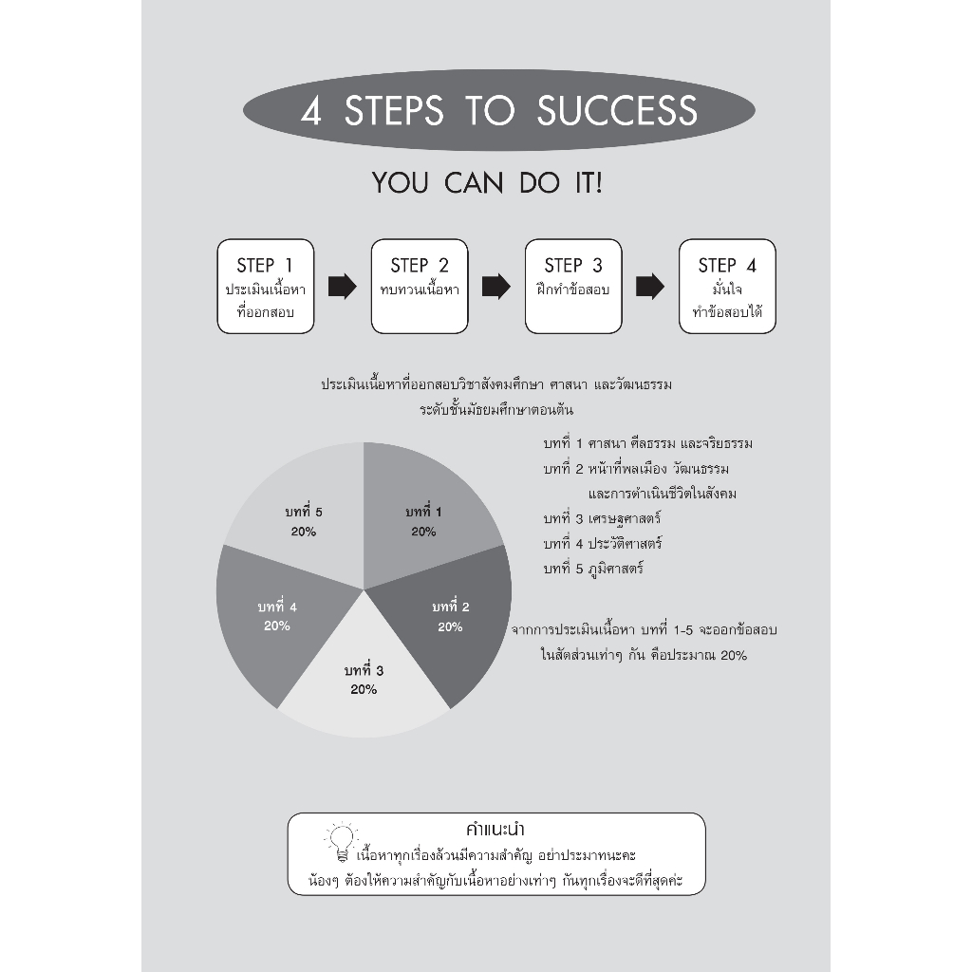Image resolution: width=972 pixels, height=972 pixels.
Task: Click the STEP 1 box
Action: click(x=266, y=287)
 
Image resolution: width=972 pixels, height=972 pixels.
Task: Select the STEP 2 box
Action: click(x=419, y=287)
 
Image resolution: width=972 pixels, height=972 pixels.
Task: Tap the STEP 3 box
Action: click(x=572, y=287)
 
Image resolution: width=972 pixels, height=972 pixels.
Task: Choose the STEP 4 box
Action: click(x=727, y=287)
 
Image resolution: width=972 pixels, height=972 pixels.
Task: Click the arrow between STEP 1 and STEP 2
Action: click(x=342, y=287)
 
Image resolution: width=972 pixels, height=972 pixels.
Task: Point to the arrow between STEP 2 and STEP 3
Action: click(x=495, y=287)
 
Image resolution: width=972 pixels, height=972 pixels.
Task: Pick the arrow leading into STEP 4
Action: click(x=649, y=287)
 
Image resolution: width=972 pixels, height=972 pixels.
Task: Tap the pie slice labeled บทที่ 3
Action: click(x=364, y=688)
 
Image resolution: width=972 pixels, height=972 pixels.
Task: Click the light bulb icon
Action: click(x=342, y=842)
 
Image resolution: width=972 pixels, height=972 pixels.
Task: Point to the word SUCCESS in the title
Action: click(x=617, y=111)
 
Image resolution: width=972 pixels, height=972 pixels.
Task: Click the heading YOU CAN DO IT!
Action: click(x=487, y=183)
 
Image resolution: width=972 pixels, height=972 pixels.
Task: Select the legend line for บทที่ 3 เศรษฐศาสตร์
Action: click(x=602, y=519)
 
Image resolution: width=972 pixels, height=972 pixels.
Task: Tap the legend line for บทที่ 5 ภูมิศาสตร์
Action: click(x=593, y=569)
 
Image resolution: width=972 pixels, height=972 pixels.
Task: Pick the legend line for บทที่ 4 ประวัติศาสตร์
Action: click(x=603, y=544)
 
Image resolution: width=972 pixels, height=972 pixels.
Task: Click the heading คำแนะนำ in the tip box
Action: click(x=495, y=830)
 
